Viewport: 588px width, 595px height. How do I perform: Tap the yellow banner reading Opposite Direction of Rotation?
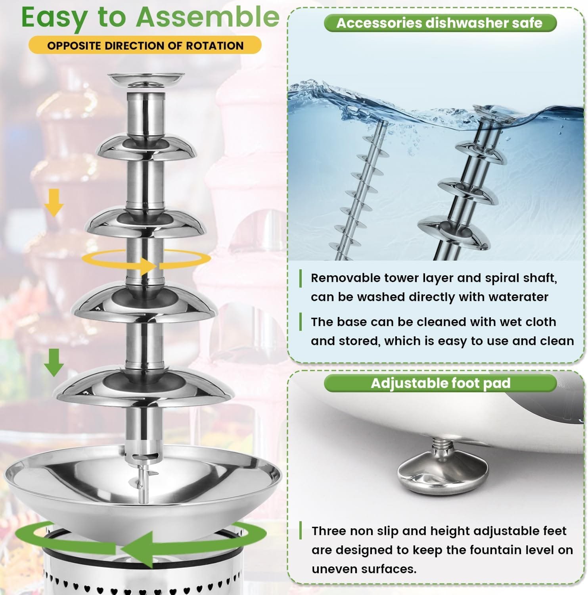point(145,45)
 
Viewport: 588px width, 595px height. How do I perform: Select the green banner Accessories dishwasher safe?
point(440,23)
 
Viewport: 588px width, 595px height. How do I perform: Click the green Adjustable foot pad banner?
point(440,383)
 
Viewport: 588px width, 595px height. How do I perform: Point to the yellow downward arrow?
point(54,202)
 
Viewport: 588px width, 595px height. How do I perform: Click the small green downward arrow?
point(54,363)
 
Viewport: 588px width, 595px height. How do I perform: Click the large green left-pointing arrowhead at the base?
point(137,549)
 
